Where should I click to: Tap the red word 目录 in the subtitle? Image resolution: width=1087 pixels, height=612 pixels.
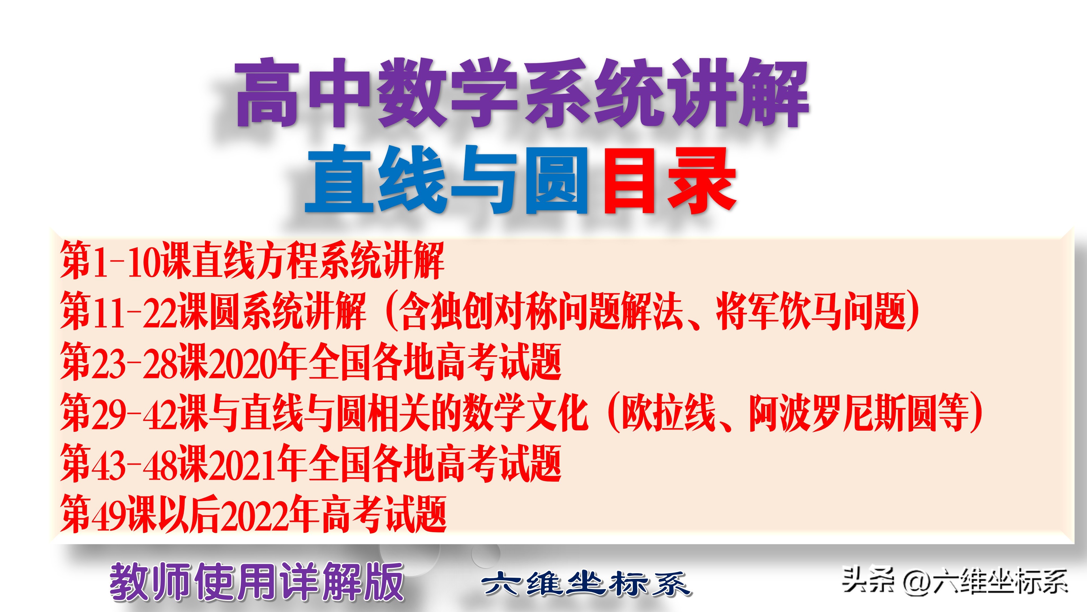pyautogui.click(x=670, y=180)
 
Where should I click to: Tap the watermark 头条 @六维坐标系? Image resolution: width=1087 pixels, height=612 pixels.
pyautogui.click(x=955, y=581)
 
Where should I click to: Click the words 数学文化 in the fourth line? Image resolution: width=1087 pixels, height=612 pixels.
pyautogui.click(x=525, y=413)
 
